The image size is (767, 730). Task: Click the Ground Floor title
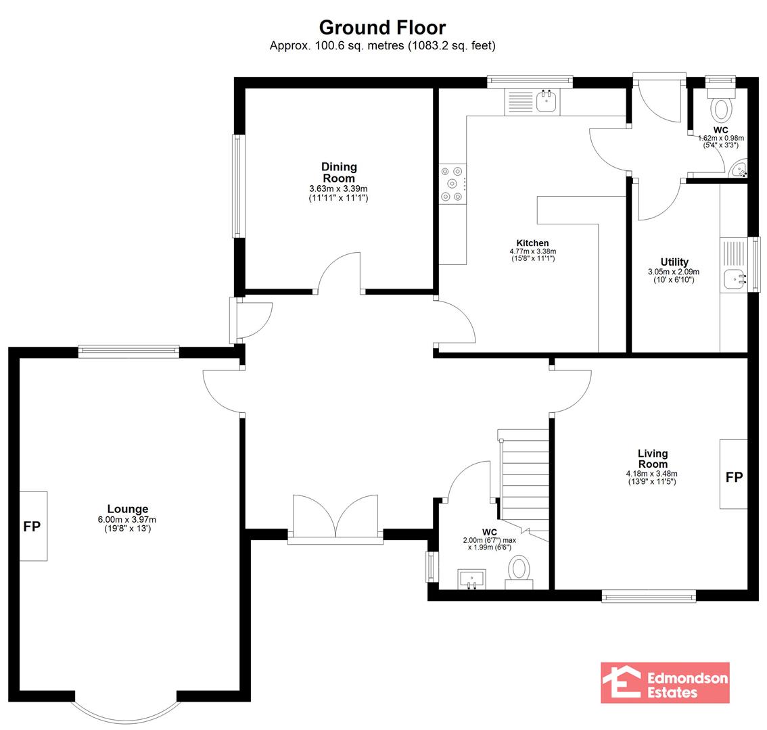pos(383,28)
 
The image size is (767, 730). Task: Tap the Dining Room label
pos(339,172)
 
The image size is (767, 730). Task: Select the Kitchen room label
pos(533,243)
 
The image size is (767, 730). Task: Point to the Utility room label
pos(674,262)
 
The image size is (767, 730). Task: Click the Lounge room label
pos(128,509)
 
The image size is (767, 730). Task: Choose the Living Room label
pos(653,459)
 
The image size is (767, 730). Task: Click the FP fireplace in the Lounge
pos(32,526)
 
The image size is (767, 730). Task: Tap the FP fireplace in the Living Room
pos(734,474)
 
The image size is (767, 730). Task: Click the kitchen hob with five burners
pos(452,184)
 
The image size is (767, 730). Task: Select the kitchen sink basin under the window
pos(547,101)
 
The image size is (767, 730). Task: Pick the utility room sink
pos(735,279)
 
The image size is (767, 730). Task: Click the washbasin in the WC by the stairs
pos(471,579)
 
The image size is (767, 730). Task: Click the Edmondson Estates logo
pos(665,683)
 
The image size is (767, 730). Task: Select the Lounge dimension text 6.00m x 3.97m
pos(127,520)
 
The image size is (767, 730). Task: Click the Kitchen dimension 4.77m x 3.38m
pos(533,251)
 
